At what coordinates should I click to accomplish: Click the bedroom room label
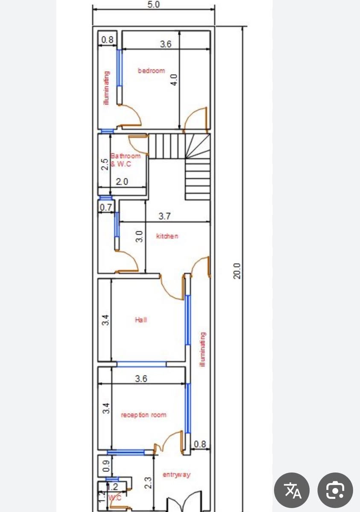coord(151,71)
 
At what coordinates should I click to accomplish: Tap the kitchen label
coord(167,236)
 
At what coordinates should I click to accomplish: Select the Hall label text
coord(141,320)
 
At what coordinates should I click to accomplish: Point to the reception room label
coord(143,415)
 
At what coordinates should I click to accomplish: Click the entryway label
coord(176,473)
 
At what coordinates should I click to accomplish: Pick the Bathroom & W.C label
coord(125,160)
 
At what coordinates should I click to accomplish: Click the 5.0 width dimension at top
coord(153,4)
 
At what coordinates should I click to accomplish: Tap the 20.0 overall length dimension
coord(237,271)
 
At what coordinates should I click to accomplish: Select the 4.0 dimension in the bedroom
coord(174,80)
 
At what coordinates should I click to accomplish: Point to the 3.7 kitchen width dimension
coord(164,216)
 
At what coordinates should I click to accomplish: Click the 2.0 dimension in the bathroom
coord(122,182)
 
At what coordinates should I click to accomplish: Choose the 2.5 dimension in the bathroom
coord(105,164)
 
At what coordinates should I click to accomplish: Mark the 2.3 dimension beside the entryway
coord(148,483)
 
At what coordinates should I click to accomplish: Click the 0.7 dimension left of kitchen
coord(106,207)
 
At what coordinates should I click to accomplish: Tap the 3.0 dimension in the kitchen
coord(139,236)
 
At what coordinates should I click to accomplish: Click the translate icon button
coord(292,490)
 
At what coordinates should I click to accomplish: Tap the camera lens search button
coord(335,490)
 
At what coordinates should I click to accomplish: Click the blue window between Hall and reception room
coord(142,364)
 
